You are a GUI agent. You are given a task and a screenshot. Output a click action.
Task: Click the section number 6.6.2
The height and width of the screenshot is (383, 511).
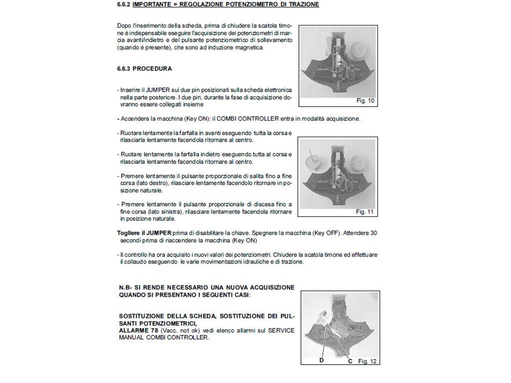click(x=124, y=4)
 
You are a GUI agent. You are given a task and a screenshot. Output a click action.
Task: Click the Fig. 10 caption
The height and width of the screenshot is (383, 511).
click(x=365, y=101)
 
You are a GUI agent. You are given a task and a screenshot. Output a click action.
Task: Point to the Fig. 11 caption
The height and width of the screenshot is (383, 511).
click(x=365, y=212)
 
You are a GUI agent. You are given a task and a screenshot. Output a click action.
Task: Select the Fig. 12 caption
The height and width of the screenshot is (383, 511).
click(x=367, y=361)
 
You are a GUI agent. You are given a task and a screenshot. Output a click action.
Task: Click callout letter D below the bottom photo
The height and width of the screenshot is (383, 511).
click(x=322, y=361)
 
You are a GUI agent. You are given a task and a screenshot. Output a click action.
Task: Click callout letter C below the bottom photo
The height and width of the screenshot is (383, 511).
click(x=350, y=361)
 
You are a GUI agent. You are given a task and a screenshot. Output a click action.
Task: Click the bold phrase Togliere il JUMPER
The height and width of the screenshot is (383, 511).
click(x=144, y=233)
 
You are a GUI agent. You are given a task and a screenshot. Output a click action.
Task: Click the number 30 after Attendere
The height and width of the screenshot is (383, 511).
click(x=374, y=233)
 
